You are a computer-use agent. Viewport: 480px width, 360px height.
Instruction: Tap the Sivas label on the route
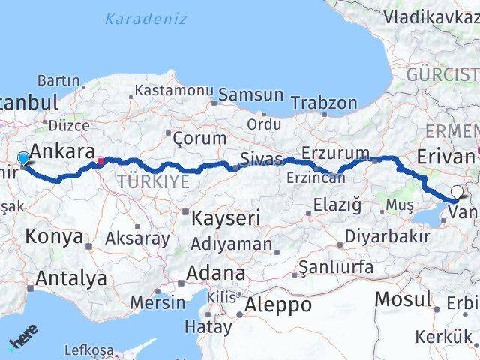point(262,160)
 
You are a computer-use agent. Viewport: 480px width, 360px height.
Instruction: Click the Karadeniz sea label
point(145,19)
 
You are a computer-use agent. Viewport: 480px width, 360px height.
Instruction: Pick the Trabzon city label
point(323,103)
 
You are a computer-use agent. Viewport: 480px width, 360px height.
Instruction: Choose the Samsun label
point(247,95)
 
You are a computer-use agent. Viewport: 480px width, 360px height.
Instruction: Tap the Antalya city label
point(71,278)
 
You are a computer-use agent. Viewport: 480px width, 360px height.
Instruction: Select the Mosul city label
point(403,298)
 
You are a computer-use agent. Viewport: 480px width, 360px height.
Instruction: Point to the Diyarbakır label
point(387,236)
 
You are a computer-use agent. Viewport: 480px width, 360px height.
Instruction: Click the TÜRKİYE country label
point(152,181)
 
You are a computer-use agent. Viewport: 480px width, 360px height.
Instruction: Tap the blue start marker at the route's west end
point(23,158)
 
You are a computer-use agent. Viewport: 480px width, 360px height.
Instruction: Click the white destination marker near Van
point(457,192)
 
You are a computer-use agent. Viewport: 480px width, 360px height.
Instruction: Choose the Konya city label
point(54,237)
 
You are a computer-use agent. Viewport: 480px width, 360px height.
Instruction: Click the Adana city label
point(215,273)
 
